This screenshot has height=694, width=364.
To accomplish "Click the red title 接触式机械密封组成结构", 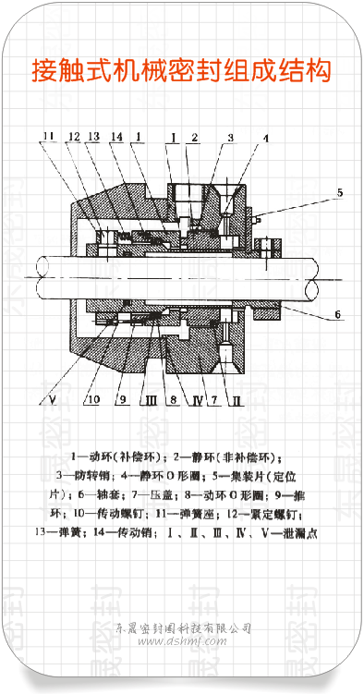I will click(x=181, y=69).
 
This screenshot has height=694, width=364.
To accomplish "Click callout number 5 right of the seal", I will click(x=339, y=193).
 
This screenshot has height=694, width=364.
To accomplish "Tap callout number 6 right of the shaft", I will click(x=337, y=314).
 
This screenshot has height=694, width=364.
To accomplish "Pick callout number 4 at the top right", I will click(x=266, y=139).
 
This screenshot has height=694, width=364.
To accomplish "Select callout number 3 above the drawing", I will click(x=230, y=137).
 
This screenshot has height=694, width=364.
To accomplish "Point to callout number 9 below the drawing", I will click(x=122, y=401).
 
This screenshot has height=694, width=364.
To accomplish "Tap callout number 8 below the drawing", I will click(x=172, y=401).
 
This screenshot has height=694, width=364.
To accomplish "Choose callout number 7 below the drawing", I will click(x=213, y=401).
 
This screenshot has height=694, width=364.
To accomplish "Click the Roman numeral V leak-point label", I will click(x=53, y=401).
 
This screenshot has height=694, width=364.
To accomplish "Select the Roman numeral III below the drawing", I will click(x=150, y=401).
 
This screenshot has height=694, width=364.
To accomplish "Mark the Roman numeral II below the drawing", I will click(x=237, y=401).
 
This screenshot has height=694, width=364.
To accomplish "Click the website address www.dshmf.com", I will click(x=181, y=640).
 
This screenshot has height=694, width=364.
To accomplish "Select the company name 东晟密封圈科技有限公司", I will click(x=181, y=627).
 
